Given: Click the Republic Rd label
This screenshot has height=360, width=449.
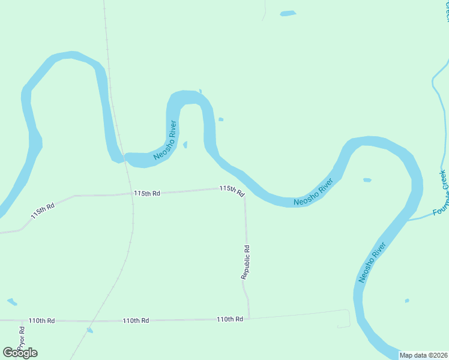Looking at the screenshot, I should (246, 262).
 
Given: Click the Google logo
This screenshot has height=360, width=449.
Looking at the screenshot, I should (20, 353).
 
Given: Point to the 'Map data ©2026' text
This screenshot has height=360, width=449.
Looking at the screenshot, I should (424, 355).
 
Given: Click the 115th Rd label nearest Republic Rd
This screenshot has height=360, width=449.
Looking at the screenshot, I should (232, 191).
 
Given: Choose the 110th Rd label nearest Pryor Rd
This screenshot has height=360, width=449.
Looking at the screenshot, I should (42, 321).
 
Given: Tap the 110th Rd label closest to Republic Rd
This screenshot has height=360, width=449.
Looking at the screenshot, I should (230, 319).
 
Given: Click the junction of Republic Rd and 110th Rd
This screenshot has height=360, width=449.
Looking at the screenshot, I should (249, 318).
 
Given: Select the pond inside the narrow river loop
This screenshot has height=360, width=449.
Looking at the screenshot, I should (185, 145).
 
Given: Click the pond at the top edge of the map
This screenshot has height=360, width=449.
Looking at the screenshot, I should (288, 13).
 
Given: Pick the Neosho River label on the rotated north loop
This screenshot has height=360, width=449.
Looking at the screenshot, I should (164, 140).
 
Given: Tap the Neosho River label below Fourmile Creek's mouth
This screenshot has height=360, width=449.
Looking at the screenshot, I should (370, 263).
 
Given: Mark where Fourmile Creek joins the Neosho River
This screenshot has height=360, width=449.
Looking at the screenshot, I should (409, 220).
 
